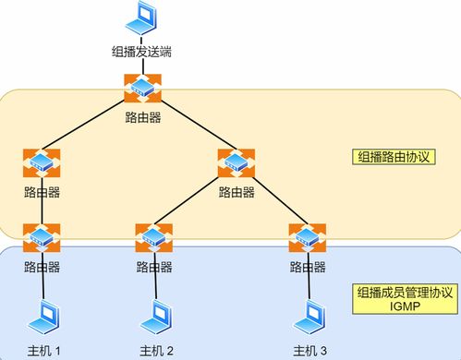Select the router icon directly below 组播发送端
tap(143, 89)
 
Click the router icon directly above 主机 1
tap(42, 238)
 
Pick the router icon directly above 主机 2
tap(154, 238)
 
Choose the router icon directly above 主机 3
tap(306, 238)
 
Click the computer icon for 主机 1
tap(42, 319)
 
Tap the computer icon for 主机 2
tap(154, 319)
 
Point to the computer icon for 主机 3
tap(306, 319)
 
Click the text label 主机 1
tap(42, 350)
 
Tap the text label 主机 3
tap(309, 350)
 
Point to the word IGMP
tap(405, 306)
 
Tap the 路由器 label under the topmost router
tap(143, 117)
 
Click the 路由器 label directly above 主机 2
tap(154, 267)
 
